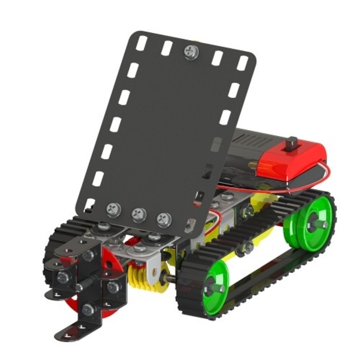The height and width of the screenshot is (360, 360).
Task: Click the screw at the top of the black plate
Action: pos(191,52)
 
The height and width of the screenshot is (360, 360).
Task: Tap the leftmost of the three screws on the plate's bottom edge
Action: pos(113,209)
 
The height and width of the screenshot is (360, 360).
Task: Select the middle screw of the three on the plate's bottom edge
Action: pos(139,214)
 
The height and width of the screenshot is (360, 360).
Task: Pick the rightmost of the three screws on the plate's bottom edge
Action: pos(163,219)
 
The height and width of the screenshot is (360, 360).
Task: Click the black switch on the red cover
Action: pos(293,144)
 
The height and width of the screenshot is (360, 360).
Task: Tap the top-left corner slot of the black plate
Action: pos(142,43)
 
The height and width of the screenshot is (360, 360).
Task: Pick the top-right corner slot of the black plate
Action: pos(242,62)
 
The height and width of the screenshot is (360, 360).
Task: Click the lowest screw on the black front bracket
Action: pos(88,310)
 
